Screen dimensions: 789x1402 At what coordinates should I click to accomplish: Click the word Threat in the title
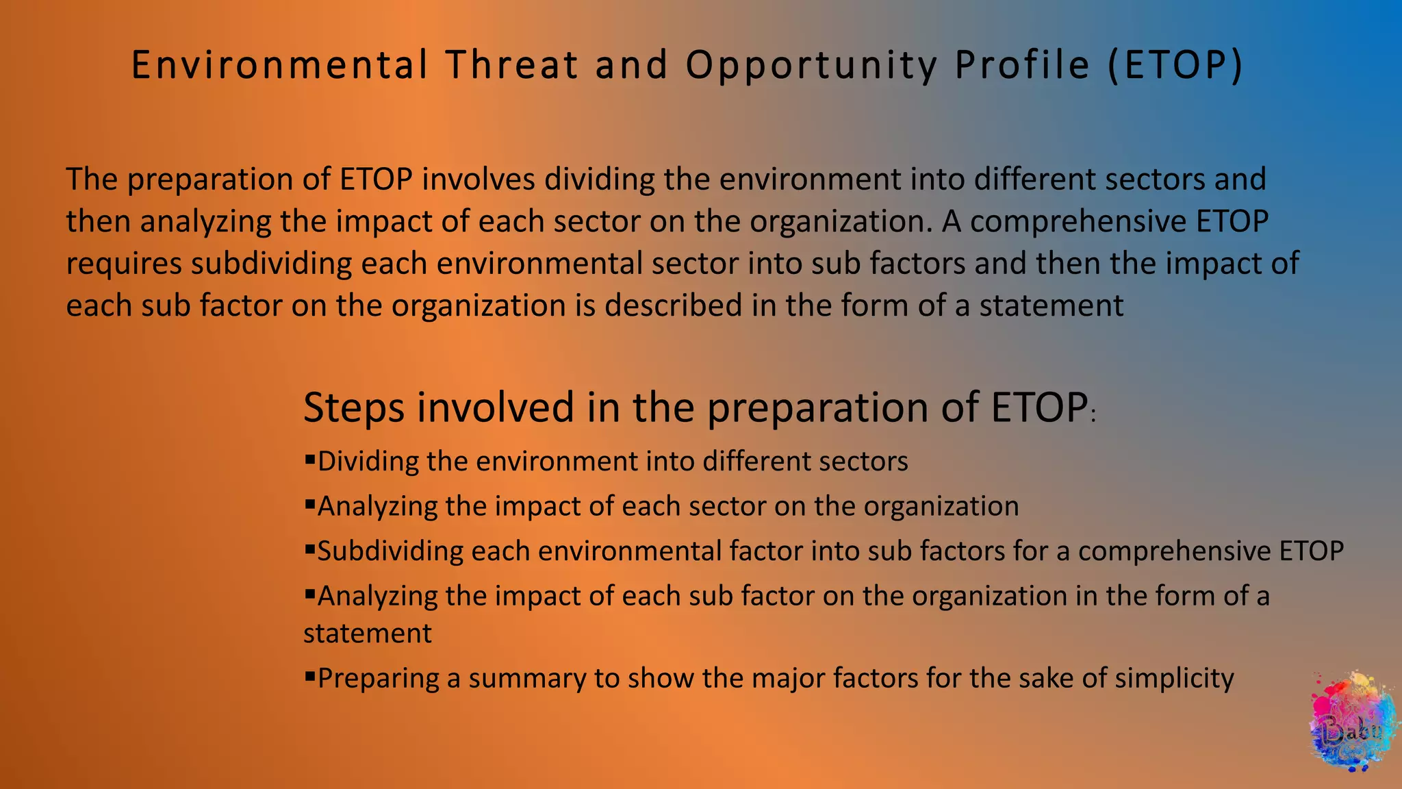[x=512, y=65]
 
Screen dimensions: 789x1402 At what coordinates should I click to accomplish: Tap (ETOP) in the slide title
[x=1175, y=65]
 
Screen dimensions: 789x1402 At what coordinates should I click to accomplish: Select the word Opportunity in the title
[x=812, y=66]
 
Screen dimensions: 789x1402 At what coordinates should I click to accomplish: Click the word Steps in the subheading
[x=353, y=408]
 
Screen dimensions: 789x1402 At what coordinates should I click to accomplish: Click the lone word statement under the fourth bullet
[x=367, y=634]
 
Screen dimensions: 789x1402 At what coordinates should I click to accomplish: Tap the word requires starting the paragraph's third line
[x=124, y=264]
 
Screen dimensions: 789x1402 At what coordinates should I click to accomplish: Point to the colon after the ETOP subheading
[x=1093, y=416]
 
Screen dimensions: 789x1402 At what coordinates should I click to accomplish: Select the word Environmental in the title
[x=279, y=65]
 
